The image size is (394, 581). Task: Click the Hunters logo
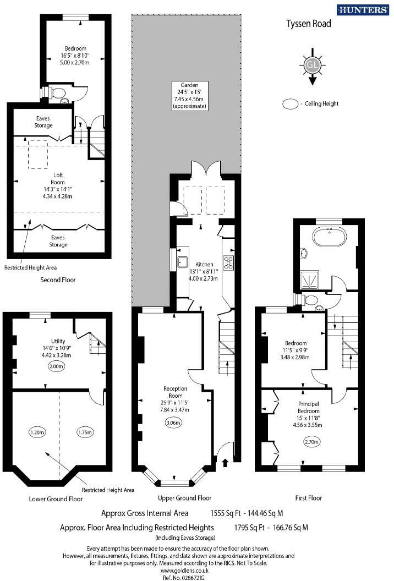[x=364, y=10]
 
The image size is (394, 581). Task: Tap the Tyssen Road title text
[x=308, y=24]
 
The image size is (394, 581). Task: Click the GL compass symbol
[x=312, y=65]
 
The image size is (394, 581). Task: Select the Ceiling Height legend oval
[x=289, y=103]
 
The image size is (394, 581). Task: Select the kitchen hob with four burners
[x=228, y=262]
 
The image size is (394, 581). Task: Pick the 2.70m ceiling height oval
[x=312, y=441]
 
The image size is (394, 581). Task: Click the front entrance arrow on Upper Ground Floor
[x=225, y=463]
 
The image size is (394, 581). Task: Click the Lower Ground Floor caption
[x=56, y=499]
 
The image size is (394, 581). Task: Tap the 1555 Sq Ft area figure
[x=226, y=513]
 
